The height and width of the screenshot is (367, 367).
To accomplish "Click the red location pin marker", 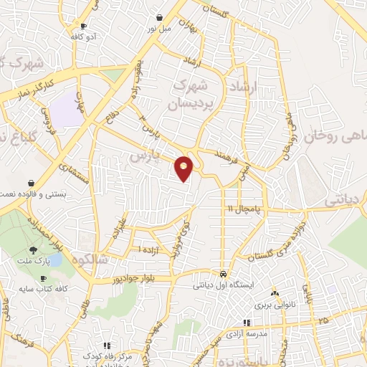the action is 184,168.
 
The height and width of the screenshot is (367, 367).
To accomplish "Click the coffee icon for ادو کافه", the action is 84,26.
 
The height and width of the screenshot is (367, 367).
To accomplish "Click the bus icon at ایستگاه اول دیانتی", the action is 224,275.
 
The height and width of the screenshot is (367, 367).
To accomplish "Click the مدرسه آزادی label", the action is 247,334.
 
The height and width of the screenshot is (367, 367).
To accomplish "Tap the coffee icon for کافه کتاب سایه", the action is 43,277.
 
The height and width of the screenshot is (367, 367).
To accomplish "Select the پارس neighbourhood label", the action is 144,156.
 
